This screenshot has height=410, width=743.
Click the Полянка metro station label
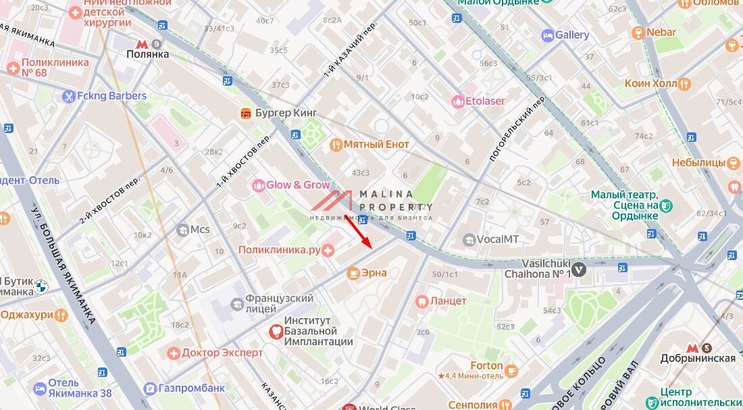point(147,54)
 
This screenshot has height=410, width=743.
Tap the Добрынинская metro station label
point(707,358)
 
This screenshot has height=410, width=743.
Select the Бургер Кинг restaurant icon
point(246,113)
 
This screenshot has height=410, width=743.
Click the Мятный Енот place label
point(376,145)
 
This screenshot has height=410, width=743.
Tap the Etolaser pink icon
point(457,101)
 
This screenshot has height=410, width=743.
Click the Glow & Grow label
point(298,185)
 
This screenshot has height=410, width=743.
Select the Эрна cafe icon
point(352,273)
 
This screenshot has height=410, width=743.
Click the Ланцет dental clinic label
point(449,301)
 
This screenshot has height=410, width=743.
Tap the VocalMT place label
point(498,239)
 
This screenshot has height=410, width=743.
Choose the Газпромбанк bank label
point(192,388)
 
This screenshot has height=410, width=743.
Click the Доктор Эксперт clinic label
point(222,353)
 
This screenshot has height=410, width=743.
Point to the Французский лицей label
point(280,303)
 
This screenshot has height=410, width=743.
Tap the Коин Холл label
point(650,84)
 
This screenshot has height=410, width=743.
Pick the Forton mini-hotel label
point(486,366)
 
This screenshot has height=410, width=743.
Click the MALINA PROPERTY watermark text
point(396,201)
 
